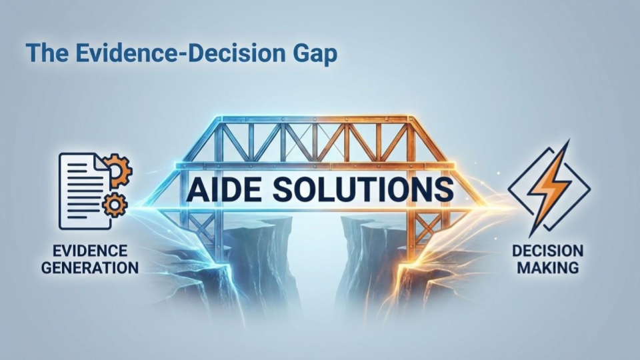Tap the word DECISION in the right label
(x=547, y=252)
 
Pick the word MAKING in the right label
(x=547, y=268)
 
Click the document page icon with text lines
(x=82, y=191)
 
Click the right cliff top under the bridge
(x=373, y=223)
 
